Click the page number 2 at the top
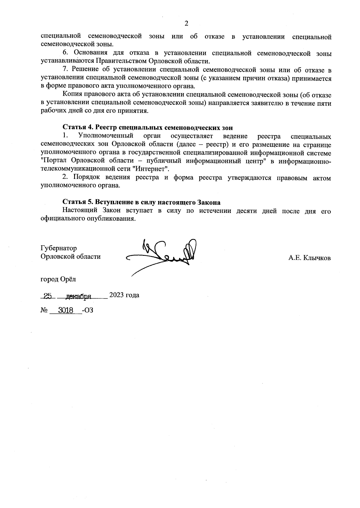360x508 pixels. (x=186, y=24)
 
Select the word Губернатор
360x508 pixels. (x=58, y=248)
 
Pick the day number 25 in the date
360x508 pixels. (x=47, y=296)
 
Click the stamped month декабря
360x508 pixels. (x=79, y=296)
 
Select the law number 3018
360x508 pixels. (x=66, y=310)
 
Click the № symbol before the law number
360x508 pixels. (x=44, y=310)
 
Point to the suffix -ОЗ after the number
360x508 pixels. (x=87, y=310)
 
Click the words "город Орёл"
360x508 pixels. (x=58, y=279)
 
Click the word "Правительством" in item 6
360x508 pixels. (x=121, y=61)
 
